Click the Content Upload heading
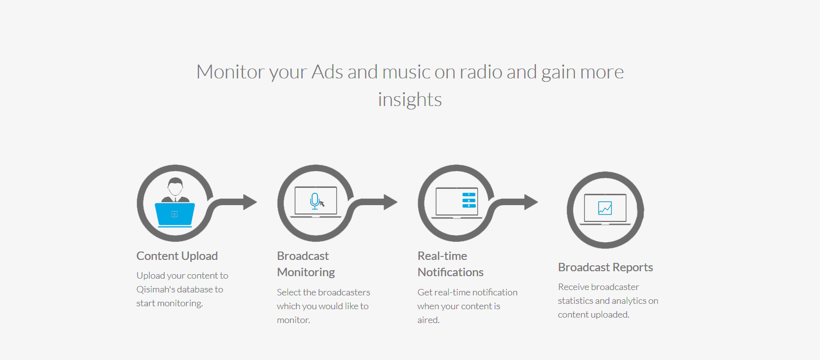click(x=177, y=256)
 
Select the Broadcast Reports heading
click(x=606, y=267)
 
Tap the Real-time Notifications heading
click(x=451, y=264)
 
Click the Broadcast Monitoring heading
click(x=306, y=264)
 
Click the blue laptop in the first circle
click(x=175, y=215)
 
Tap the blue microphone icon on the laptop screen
click(x=315, y=201)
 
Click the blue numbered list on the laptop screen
click(x=469, y=200)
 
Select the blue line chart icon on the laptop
click(x=605, y=208)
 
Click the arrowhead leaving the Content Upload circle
click(x=250, y=202)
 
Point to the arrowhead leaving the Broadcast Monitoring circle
click(x=391, y=202)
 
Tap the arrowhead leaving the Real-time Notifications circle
click(x=531, y=202)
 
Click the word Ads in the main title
click(x=327, y=72)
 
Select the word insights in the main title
click(x=410, y=100)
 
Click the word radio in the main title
click(x=481, y=72)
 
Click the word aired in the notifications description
click(x=428, y=320)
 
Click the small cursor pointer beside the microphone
click(x=322, y=203)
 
